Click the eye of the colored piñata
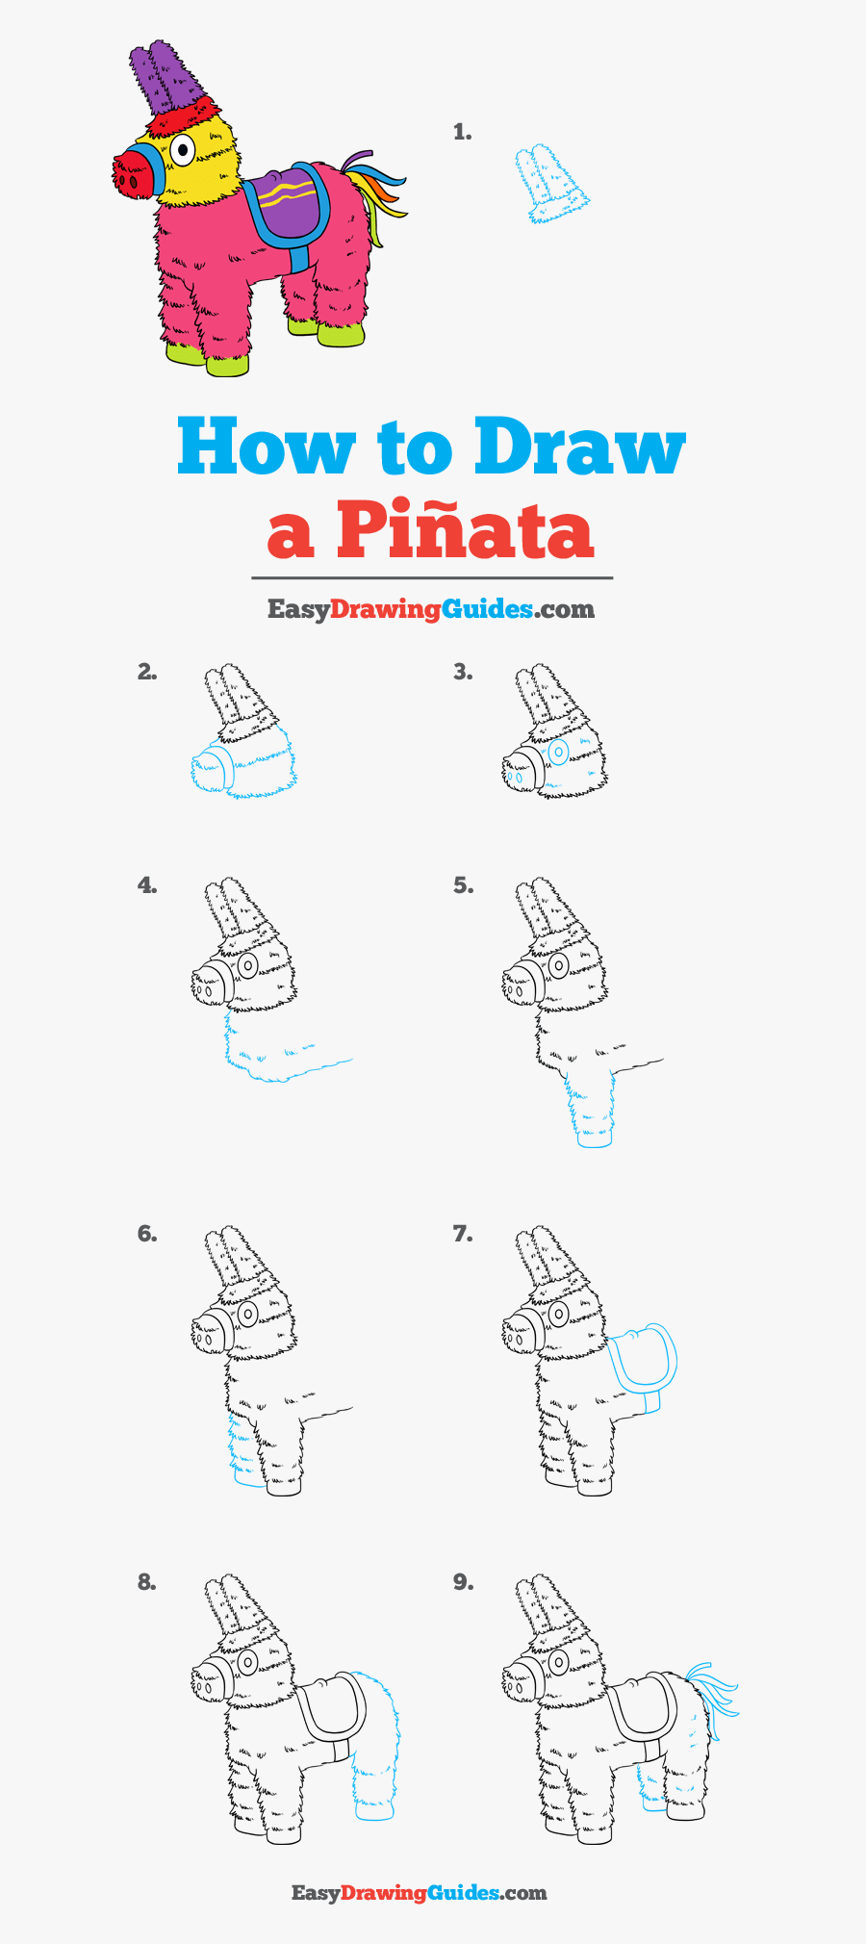coord(182,149)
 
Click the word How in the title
coord(266,448)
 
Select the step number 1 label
coord(462,133)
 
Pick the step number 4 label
coord(146,885)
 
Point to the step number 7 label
coord(462,1234)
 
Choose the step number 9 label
coord(463,1582)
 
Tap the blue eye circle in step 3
coord(558,752)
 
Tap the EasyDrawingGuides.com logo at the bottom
coord(420,1893)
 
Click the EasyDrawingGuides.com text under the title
coord(430,609)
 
